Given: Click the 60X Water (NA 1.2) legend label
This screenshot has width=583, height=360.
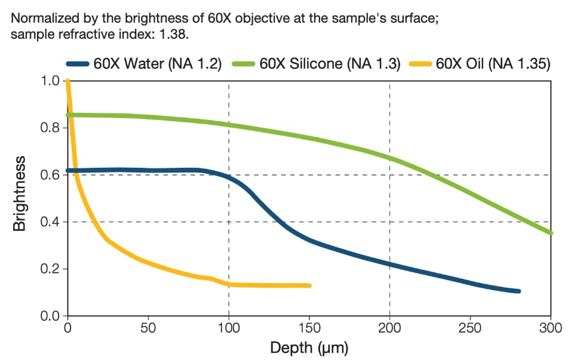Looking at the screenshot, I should point(158,64).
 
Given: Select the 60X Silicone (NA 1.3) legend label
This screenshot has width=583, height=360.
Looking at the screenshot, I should point(330,64).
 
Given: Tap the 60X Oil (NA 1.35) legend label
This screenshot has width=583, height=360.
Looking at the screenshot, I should point(493,64).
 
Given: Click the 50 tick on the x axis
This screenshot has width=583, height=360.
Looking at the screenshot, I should point(148,328).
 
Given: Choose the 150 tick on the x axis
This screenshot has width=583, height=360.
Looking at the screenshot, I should point(309,328).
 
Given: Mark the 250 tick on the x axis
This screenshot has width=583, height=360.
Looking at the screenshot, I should point(470,328).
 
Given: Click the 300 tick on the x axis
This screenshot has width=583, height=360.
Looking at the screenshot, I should point(550,328).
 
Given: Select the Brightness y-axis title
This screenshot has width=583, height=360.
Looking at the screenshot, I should point(20,193).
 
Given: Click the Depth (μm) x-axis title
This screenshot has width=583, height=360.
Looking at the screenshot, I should point(309,347).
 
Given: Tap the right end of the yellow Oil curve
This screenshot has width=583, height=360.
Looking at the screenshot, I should point(309,286).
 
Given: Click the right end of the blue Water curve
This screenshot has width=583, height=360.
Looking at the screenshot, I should point(518,291).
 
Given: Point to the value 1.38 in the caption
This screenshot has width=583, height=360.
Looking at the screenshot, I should point(174,34).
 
